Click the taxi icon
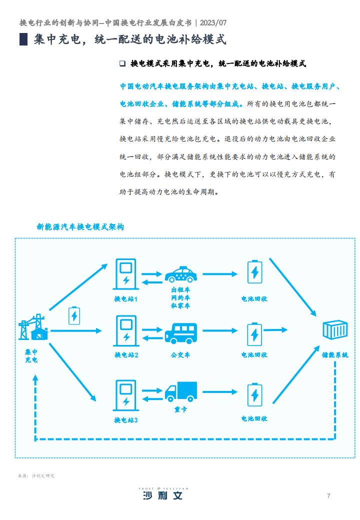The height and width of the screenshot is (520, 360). coord(180,274)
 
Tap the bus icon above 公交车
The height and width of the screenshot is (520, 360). coord(180,333)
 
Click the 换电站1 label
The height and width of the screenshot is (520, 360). coord(125,299)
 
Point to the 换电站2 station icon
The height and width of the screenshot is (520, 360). coord(126,330)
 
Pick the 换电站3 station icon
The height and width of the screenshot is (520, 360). coord(126,395)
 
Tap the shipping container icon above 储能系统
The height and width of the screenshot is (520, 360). coord(335,329)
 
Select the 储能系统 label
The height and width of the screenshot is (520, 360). coord(335,355)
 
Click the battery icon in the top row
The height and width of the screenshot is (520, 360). coord(254,271)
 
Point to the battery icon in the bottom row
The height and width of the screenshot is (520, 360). coord(254,394)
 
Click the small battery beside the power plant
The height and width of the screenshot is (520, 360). coord(74,315)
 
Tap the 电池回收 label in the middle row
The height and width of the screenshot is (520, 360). coord(254,355)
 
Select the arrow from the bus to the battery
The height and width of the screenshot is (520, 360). coord(220,330)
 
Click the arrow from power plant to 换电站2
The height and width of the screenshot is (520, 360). coord(75,330)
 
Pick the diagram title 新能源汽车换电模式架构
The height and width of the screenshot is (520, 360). coord(80,227)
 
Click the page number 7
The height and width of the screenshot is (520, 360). coord(328,496)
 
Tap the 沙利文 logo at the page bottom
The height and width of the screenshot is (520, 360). coord(163,493)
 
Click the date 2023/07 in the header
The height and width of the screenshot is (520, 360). coord(213,22)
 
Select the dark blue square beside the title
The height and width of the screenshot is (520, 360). coord(23,39)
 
